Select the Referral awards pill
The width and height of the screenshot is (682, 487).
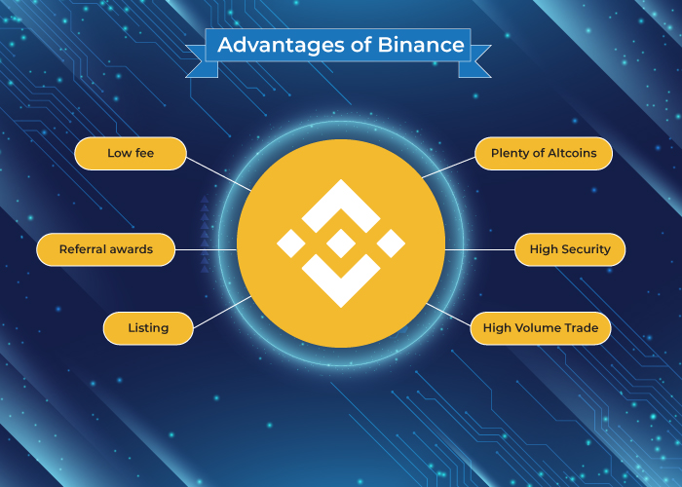106,249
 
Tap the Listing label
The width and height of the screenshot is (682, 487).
148,328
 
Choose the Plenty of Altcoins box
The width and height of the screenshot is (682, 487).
544,153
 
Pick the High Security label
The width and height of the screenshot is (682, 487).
570,249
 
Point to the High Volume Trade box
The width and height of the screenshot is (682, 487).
541,328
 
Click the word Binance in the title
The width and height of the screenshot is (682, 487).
423,45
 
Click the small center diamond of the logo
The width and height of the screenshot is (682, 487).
340,243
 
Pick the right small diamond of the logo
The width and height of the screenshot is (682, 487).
390,243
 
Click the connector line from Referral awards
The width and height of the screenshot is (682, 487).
208,249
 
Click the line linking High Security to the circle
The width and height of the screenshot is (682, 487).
480,249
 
